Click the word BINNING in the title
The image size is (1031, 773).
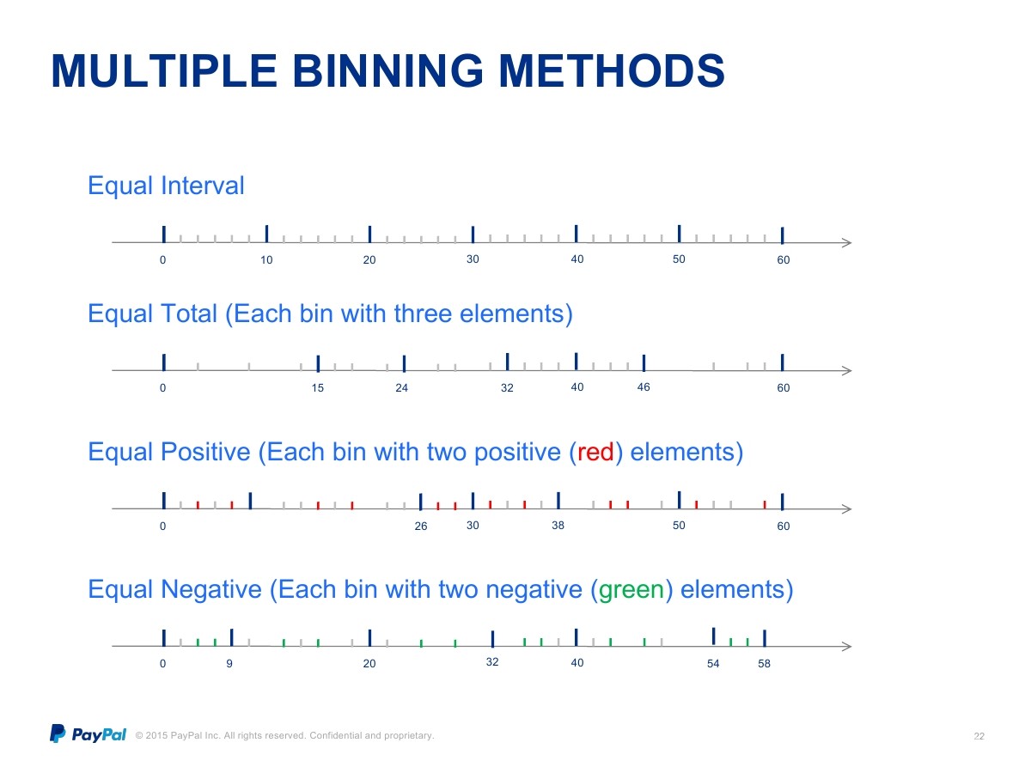click(x=388, y=71)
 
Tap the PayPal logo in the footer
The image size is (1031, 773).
click(x=88, y=733)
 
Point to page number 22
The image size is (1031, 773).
click(x=979, y=736)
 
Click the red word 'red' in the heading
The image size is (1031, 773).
click(x=595, y=452)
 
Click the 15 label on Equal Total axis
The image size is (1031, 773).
click(x=318, y=387)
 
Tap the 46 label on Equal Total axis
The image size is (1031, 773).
click(x=644, y=386)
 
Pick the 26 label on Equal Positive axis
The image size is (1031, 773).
click(x=421, y=526)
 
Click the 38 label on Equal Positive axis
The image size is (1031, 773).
click(x=558, y=525)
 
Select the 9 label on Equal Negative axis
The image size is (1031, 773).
click(x=229, y=663)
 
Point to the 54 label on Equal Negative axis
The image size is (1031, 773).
click(x=713, y=663)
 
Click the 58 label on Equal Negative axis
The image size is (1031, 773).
click(x=764, y=663)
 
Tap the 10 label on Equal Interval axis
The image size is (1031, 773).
click(x=266, y=259)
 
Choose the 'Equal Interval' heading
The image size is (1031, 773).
click(x=166, y=186)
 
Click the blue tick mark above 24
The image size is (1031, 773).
click(x=404, y=363)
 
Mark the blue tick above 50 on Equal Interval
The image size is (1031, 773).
click(x=679, y=234)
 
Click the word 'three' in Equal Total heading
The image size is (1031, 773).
click(x=423, y=313)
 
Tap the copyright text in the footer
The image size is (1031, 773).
click(x=284, y=735)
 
